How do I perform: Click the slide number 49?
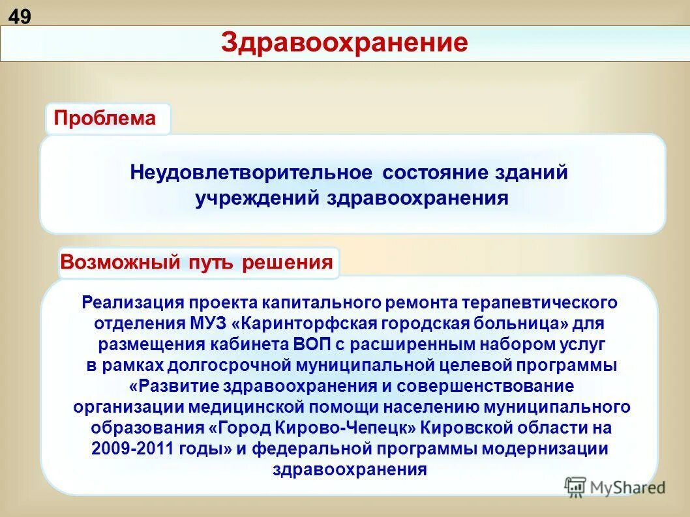pos(20,16)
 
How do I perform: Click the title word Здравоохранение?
pos(344,43)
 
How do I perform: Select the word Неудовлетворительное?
pos(250,173)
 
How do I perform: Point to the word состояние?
pos(434,173)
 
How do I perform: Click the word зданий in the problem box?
pos(531,173)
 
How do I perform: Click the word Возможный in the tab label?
pos(120,263)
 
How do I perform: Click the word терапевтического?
pos(540,303)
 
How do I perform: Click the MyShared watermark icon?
pos(575,486)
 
